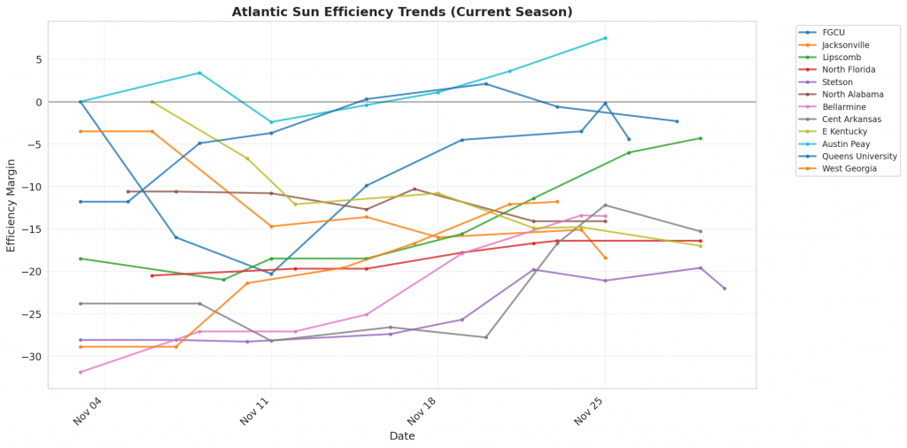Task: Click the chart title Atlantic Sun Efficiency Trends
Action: point(402,12)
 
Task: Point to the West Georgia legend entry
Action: point(849,168)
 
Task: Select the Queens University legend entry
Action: point(859,156)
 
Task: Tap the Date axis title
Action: point(402,436)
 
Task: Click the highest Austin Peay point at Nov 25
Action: point(605,38)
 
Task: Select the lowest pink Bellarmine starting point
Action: point(81,372)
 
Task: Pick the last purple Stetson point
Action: point(725,289)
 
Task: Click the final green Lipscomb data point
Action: point(701,138)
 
